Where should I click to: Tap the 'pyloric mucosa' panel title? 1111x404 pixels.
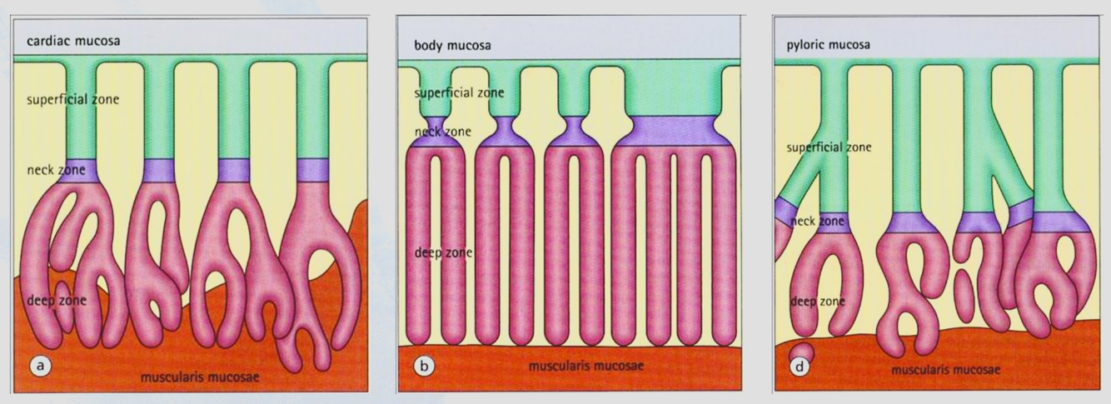[828, 44]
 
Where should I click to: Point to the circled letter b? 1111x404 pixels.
[423, 364]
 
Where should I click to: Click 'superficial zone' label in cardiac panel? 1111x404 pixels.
[72, 100]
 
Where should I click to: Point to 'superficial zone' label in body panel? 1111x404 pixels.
[460, 92]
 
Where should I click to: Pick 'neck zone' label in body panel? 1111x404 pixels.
[441, 132]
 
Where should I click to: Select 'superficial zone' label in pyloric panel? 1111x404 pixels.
[830, 147]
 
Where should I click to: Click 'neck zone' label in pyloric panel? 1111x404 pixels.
[817, 222]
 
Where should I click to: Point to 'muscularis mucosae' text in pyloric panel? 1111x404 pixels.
[946, 370]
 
